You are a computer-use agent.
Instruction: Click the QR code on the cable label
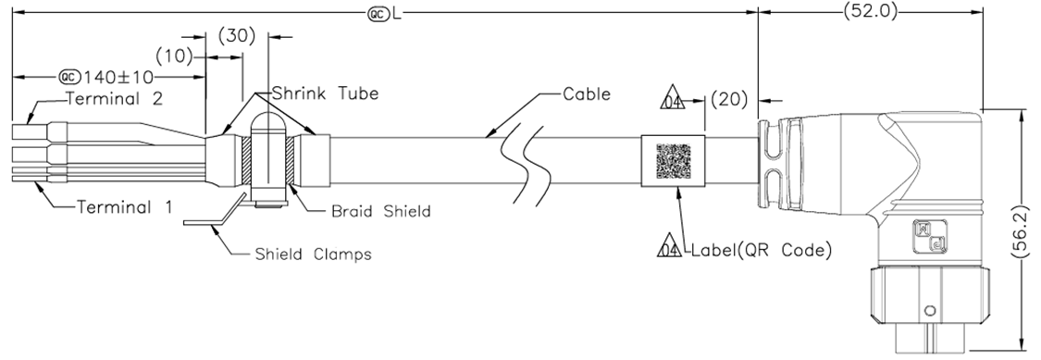click(x=674, y=162)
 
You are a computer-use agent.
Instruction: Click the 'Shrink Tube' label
click(x=325, y=93)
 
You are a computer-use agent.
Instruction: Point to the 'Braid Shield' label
click(x=381, y=211)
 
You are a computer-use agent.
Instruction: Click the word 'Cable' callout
click(x=587, y=94)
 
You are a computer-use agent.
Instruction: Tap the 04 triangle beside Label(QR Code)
click(x=669, y=248)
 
